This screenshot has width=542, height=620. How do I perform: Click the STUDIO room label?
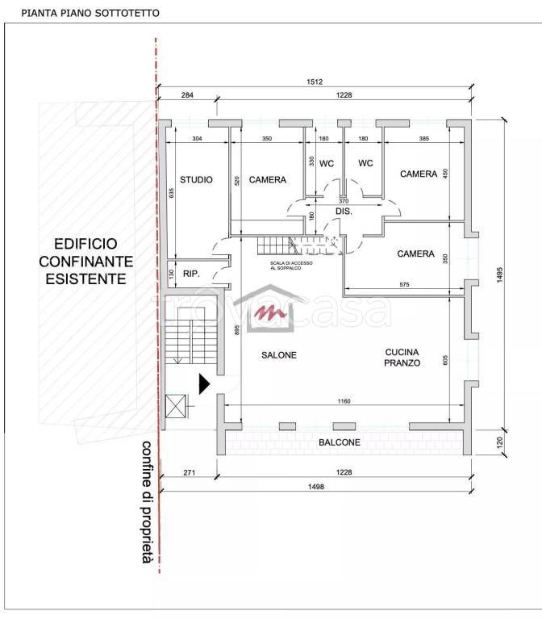tap(196, 180)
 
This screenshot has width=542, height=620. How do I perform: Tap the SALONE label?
tap(279, 355)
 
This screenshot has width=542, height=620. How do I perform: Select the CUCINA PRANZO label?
tap(402, 358)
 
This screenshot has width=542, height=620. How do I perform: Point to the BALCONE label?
tap(340, 442)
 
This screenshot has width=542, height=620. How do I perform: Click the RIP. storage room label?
tap(191, 274)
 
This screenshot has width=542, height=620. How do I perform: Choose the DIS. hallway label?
tap(344, 212)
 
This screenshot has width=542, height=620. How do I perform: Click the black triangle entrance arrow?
tap(204, 384)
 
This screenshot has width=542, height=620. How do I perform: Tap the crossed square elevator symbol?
tap(175, 406)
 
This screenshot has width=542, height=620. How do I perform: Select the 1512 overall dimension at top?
tap(315, 82)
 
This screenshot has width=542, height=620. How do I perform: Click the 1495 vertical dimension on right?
tap(499, 274)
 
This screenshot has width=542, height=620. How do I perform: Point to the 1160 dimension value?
tap(344, 401)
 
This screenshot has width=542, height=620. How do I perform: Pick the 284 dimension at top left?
tap(187, 95)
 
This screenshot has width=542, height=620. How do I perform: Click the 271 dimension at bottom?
tap(190, 472)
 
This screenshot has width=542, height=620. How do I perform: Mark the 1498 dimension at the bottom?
tap(316, 487)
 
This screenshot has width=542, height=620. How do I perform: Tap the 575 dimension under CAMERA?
tap(405, 284)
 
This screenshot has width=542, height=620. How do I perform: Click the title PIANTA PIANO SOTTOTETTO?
tap(90, 13)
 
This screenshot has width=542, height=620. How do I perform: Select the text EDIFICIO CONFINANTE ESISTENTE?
tap(86, 262)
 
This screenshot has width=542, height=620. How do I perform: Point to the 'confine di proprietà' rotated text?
tap(147, 502)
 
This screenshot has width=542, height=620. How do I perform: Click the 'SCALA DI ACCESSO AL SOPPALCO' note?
tap(291, 266)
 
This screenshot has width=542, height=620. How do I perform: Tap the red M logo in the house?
tap(270, 312)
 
